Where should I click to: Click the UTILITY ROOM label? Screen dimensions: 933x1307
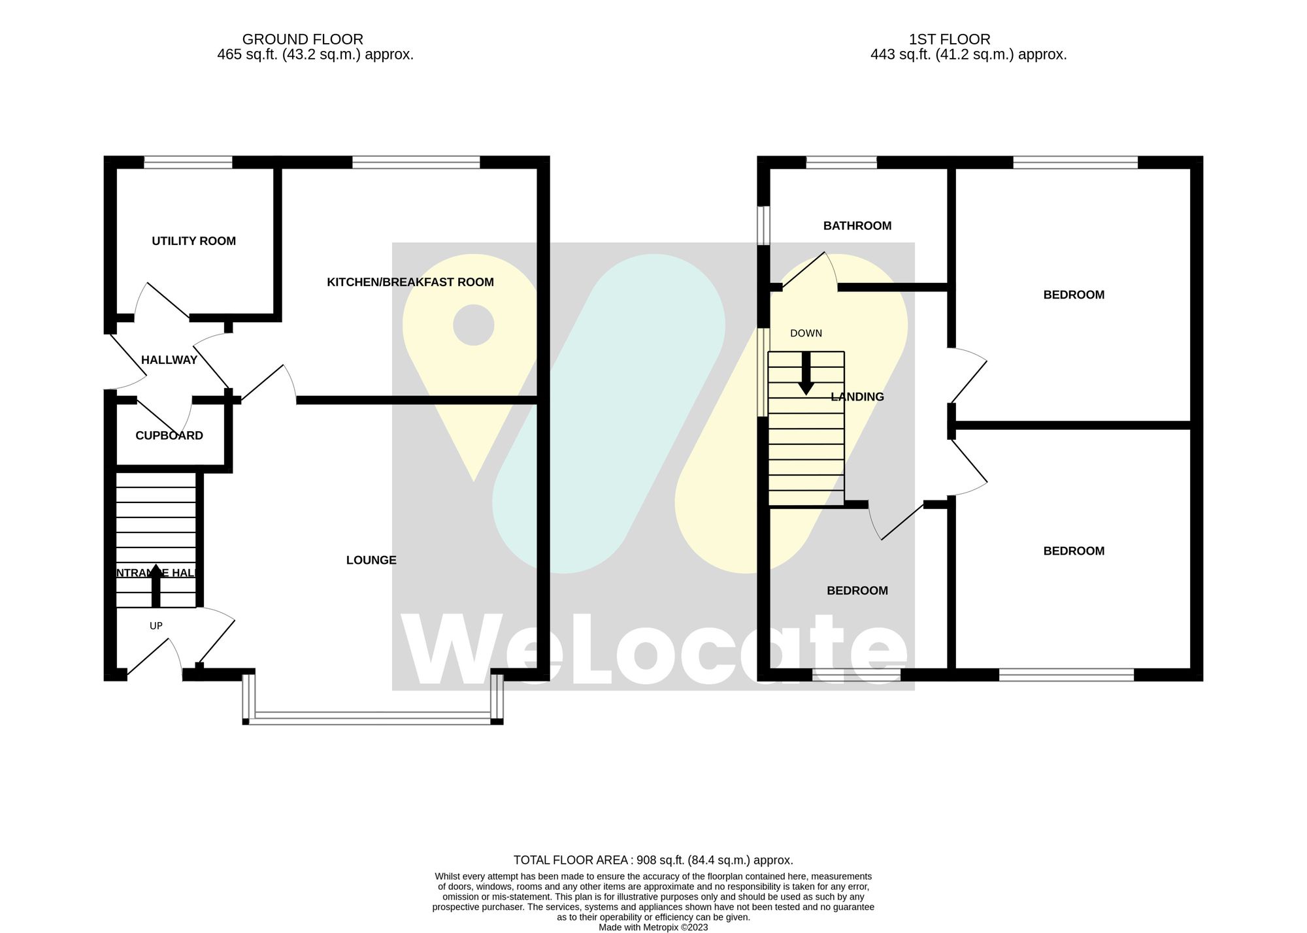[193, 241]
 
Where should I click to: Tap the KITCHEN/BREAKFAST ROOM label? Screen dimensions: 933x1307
[410, 282]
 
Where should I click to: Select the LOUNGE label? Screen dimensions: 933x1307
[371, 560]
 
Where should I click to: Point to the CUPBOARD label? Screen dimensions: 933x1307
[169, 436]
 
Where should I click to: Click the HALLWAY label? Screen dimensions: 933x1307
[169, 360]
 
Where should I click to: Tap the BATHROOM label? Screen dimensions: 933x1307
[857, 226]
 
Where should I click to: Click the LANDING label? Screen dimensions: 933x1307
[857, 397]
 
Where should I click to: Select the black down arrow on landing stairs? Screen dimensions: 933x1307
[806, 374]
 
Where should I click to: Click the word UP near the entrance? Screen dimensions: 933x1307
[156, 626]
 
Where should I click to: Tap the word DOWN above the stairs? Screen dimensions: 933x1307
[806, 333]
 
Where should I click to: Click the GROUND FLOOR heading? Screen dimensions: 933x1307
[303, 39]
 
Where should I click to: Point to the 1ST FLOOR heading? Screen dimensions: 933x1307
[949, 39]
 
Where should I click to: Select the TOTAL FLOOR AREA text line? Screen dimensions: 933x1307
[653, 860]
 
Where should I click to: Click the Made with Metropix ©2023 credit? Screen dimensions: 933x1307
[653, 927]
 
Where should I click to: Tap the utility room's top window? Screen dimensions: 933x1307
[188, 161]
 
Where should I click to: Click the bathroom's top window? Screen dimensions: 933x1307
[841, 161]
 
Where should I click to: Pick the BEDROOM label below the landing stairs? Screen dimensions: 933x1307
[857, 591]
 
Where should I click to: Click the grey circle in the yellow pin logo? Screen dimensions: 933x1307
[473, 325]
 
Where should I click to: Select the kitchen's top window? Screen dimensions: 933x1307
[416, 161]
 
